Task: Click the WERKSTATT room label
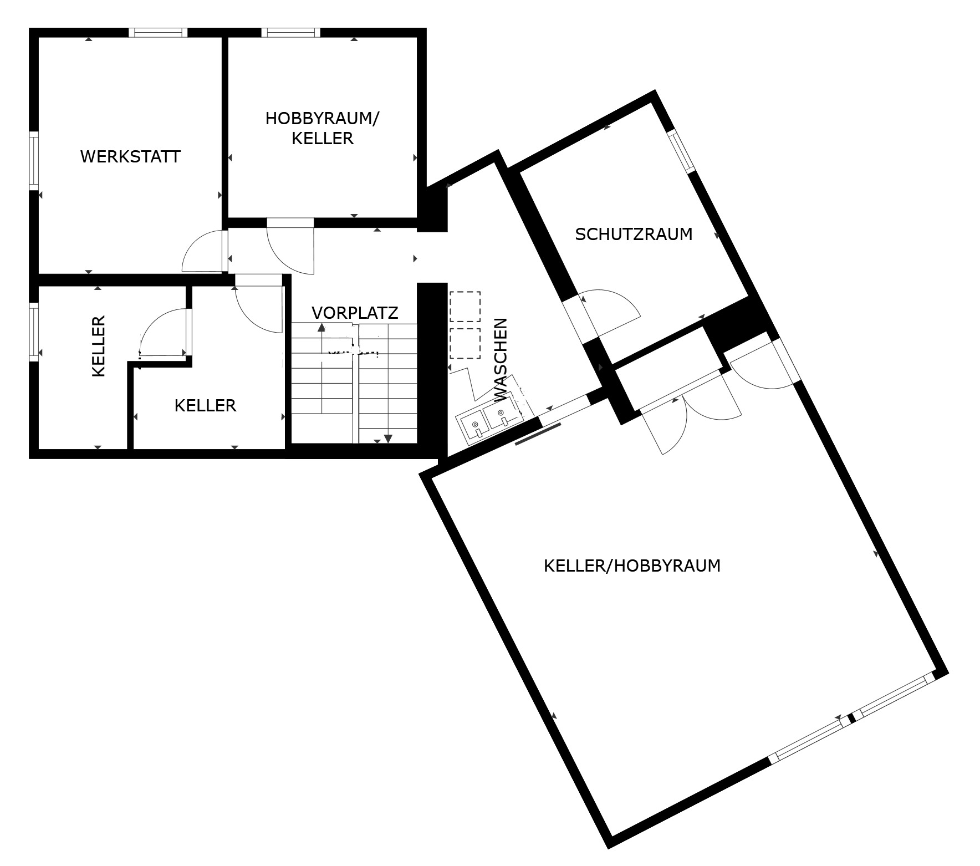coord(130,157)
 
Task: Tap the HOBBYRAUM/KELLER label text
coord(322,128)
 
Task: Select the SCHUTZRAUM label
coord(634,235)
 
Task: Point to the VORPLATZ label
coord(355,313)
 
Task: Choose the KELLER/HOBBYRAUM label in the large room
coord(632,566)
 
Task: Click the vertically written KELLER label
coord(99,347)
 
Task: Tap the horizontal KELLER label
coord(205,406)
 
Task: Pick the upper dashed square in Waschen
coord(465,307)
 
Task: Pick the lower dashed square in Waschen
coord(465,343)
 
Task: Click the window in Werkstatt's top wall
coord(158,32)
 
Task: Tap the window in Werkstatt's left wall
coord(34,161)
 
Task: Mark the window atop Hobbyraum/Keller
coord(292,32)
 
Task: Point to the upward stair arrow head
coord(321,327)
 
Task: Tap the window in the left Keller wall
coord(34,332)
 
